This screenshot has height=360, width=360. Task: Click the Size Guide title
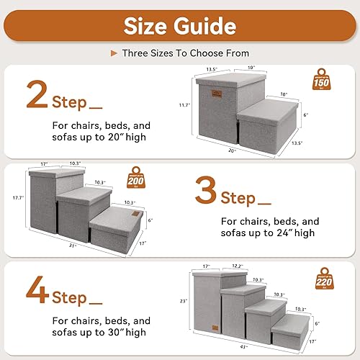pos(179,27)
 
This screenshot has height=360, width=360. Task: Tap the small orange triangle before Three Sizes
pos(113,53)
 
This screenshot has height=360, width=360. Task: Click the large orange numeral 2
pos(37,96)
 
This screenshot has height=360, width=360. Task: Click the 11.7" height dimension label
pos(184,105)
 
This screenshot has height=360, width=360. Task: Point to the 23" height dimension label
pos(184,300)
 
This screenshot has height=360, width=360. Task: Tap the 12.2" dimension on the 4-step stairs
pos(239,266)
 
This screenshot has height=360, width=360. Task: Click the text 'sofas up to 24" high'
pos(268,233)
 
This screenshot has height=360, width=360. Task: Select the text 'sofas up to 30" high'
pos(98,332)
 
